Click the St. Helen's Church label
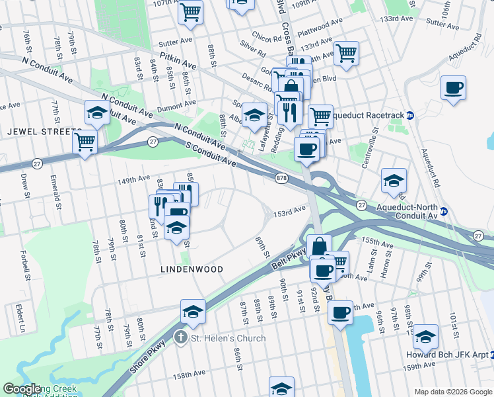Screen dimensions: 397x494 (228, 338)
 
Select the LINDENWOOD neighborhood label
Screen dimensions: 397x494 (192, 269)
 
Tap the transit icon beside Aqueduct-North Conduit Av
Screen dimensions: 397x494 (444, 211)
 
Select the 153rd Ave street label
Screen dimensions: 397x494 (290, 210)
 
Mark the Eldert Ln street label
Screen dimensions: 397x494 (21, 319)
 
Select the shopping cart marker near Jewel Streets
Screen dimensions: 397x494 (85, 141)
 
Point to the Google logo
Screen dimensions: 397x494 (22, 389)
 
